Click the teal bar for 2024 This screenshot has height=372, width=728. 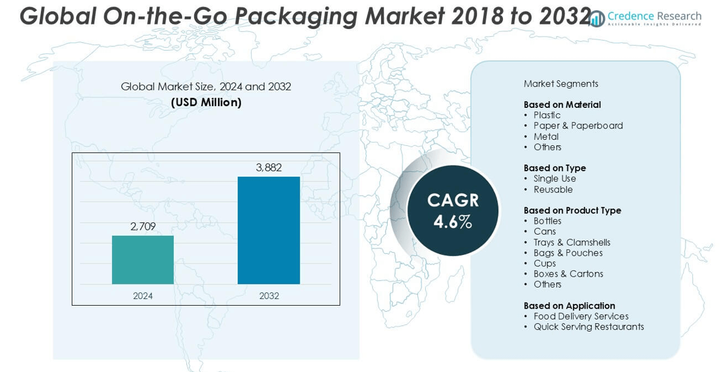click(x=143, y=260)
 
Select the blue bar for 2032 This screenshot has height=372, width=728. click(x=268, y=230)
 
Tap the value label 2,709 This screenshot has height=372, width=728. click(x=143, y=227)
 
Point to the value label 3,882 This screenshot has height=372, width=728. click(x=268, y=168)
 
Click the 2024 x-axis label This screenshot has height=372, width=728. click(x=143, y=296)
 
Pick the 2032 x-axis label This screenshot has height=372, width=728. click(x=269, y=296)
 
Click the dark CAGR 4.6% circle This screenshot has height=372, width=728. click(x=452, y=210)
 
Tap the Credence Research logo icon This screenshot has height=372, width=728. click(x=597, y=19)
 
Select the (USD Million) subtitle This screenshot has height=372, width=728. click(x=206, y=102)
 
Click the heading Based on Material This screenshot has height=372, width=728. click(x=562, y=105)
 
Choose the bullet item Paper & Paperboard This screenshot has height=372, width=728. click(x=578, y=126)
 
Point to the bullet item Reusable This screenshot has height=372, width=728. click(x=553, y=190)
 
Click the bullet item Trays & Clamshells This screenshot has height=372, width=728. click(x=572, y=242)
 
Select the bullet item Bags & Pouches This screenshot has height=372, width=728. click(x=568, y=253)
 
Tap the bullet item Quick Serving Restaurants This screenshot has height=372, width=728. click(x=589, y=327)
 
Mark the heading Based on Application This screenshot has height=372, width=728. click(x=569, y=306)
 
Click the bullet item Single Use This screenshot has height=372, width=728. click(x=555, y=179)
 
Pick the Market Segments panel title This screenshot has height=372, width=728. click(x=561, y=84)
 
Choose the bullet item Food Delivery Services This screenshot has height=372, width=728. click(x=581, y=317)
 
